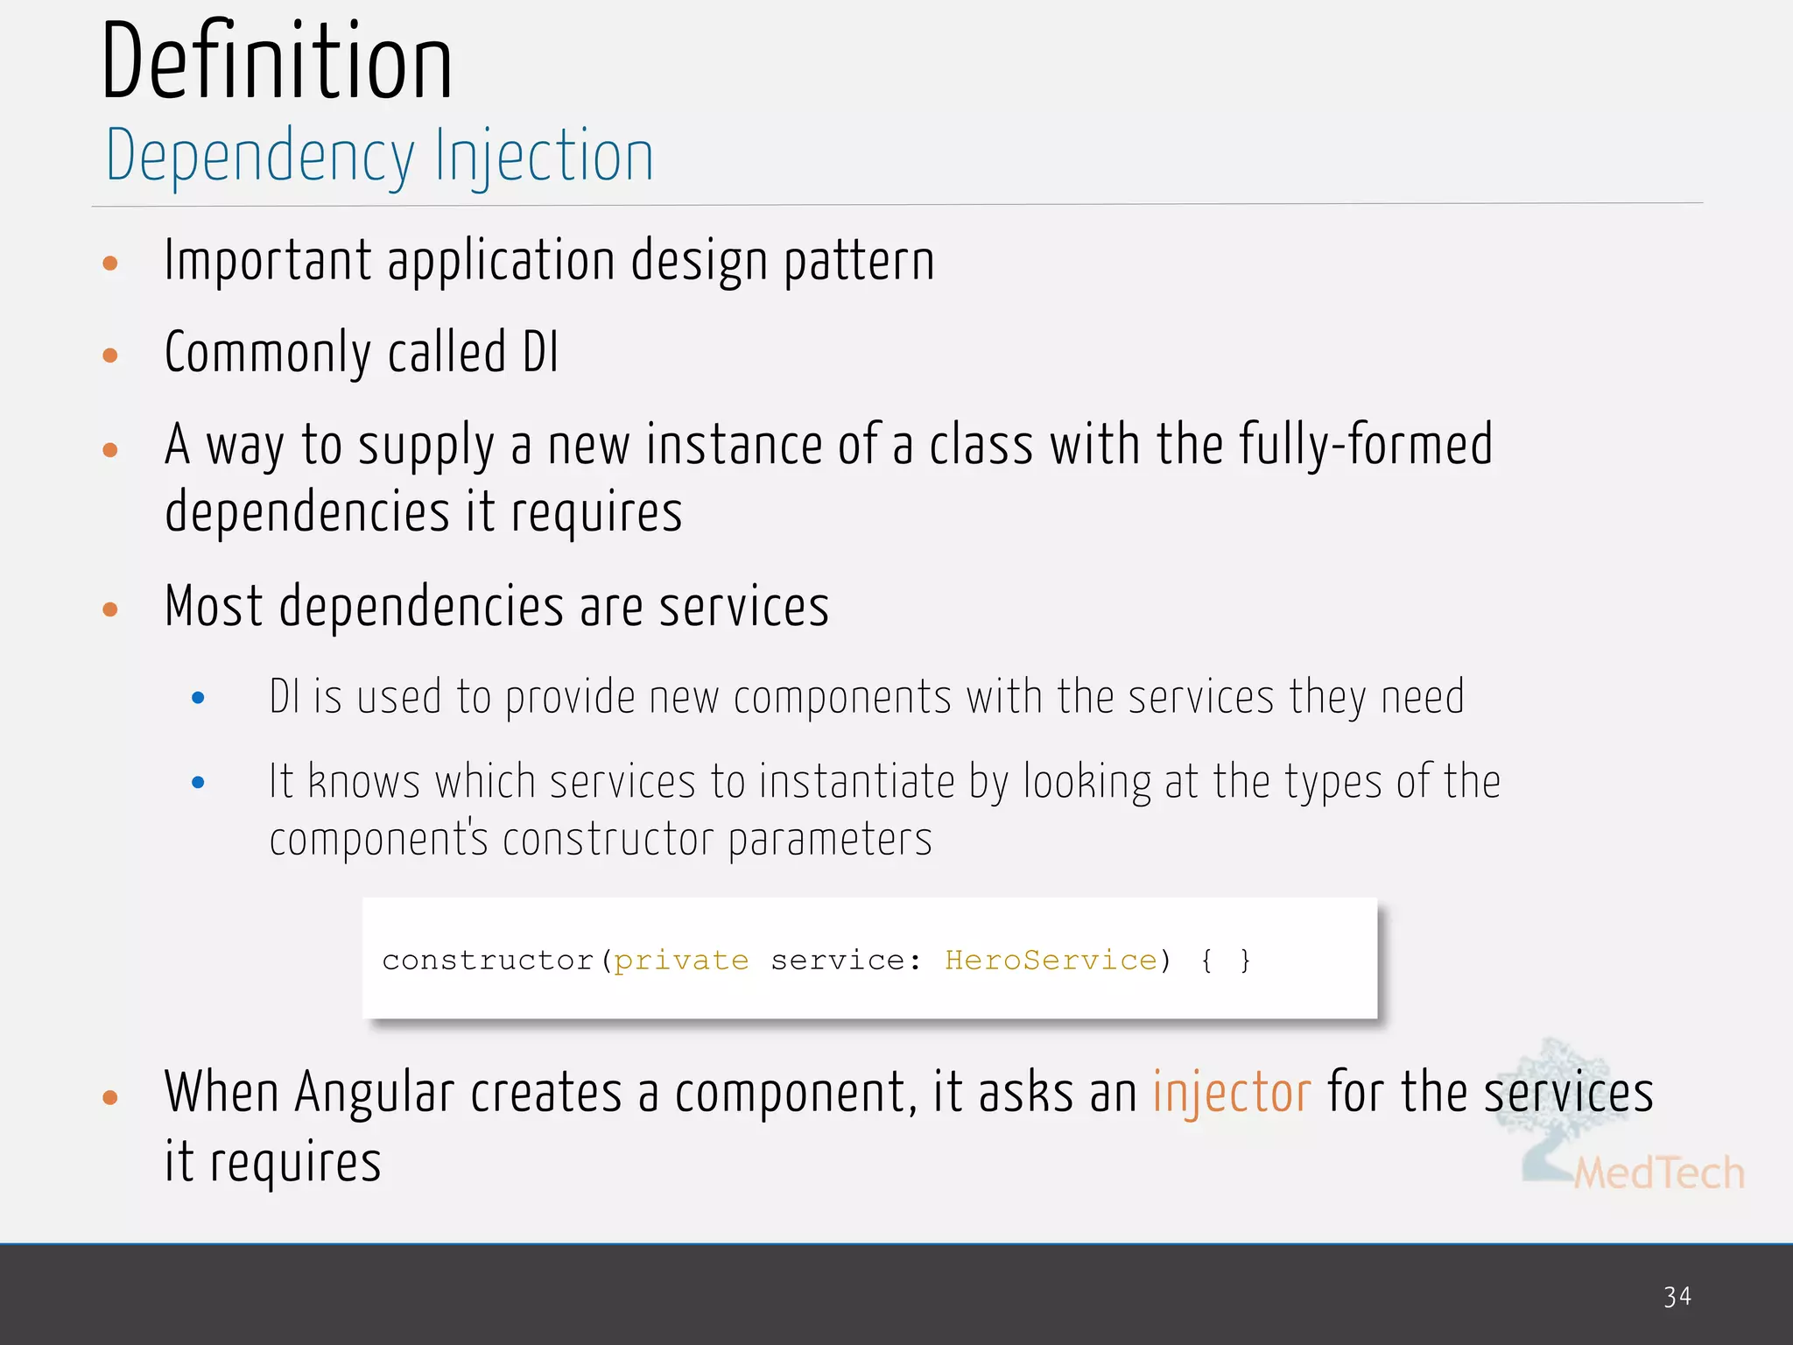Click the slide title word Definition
[x=277, y=61]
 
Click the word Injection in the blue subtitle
[x=545, y=156]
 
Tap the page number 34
[x=1677, y=1297]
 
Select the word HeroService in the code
[x=1051, y=961]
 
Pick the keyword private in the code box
[x=681, y=961]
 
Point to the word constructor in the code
[x=489, y=961]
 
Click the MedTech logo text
[x=1658, y=1172]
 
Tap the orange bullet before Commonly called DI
[x=110, y=355]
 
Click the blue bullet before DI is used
[x=198, y=698]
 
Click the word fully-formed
[x=1366, y=445]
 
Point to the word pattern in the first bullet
[x=859, y=261]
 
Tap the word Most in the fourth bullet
[x=214, y=606]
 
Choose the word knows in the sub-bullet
[x=364, y=781]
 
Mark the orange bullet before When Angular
[x=110, y=1097]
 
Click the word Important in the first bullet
[x=268, y=261]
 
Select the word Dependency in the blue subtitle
[x=260, y=156]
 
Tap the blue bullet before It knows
[x=198, y=782]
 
